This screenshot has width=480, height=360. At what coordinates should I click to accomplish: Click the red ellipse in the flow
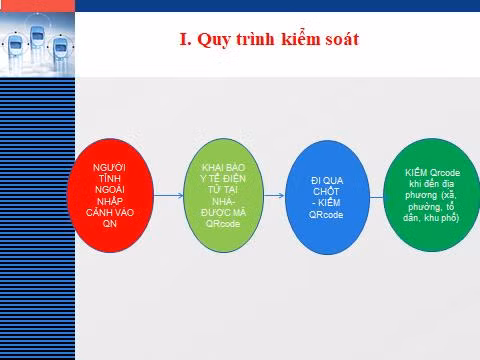point(110,195)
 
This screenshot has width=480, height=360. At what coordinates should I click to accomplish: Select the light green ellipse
point(224,195)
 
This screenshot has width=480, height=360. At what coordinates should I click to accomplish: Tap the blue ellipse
point(327,197)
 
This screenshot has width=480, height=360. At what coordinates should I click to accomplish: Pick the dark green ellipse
point(432,195)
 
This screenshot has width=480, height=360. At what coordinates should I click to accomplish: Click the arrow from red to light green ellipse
point(169,195)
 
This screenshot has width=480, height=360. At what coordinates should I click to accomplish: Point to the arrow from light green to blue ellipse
point(274,196)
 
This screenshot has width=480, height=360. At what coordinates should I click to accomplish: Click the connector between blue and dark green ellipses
point(377,197)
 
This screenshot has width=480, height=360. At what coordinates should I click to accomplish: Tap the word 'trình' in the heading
point(255,39)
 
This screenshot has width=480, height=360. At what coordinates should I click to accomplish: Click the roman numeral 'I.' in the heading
point(186,39)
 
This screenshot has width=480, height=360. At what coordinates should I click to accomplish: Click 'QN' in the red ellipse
point(110,224)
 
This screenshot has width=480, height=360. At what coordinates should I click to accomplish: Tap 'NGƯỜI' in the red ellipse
point(109,167)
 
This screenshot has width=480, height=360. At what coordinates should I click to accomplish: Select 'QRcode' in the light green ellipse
point(223,223)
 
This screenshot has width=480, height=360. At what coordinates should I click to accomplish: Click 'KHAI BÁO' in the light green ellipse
point(223,167)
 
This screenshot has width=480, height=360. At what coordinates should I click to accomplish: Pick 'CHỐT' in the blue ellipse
point(326,191)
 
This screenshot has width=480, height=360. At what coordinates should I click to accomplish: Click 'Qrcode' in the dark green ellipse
point(445,173)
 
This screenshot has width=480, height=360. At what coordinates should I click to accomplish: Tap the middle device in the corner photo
point(37,36)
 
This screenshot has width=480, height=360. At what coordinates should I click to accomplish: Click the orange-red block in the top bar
point(37,6)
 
